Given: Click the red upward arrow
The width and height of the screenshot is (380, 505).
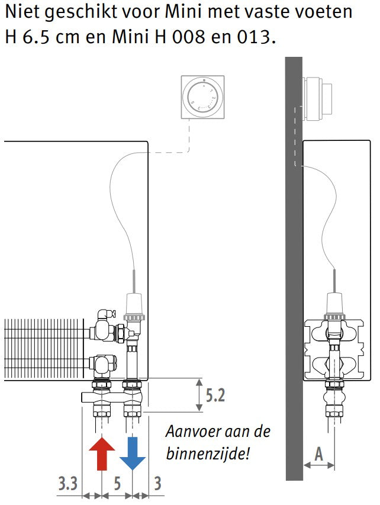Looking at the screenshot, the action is [x=102, y=453].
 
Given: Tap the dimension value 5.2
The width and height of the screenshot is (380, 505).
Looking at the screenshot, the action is [x=215, y=395].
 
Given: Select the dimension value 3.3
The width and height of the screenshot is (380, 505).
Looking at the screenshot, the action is [x=67, y=484].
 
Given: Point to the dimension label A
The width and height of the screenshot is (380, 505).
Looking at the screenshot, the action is [x=318, y=455].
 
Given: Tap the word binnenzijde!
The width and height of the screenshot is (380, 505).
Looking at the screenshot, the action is [x=208, y=454].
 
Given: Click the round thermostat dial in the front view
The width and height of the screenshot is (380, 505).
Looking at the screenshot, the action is [x=202, y=97].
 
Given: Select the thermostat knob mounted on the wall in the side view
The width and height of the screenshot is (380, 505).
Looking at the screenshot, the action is [x=317, y=98].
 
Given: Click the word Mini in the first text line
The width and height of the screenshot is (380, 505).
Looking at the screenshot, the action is [x=183, y=12].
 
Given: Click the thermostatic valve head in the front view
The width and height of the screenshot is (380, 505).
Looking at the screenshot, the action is [x=134, y=305].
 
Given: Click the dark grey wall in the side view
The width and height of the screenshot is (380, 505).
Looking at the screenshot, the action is [x=294, y=268].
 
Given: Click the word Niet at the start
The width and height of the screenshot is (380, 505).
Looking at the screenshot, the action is [x=22, y=12].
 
